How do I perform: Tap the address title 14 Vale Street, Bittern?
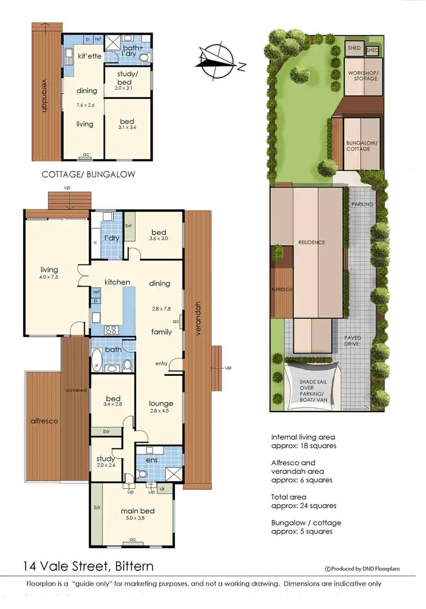coord(88,566)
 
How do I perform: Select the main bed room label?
coord(137,511)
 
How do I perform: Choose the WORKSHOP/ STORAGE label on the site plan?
coord(362,75)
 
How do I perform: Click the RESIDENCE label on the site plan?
coord(312,242)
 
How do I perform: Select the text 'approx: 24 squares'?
coord(303,506)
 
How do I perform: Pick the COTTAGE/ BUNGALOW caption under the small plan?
coord(89,174)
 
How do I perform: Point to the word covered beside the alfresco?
coord(76,390)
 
